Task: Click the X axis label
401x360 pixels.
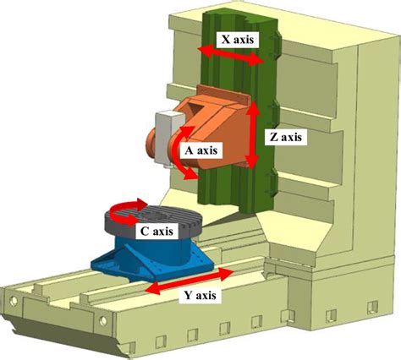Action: [x=237, y=40]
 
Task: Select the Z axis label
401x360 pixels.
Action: [x=286, y=137]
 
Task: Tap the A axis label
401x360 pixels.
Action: [x=201, y=150]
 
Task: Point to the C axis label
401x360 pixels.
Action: [x=157, y=232]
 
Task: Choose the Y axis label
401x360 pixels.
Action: [x=200, y=295]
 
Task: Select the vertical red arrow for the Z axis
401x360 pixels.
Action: [x=251, y=135]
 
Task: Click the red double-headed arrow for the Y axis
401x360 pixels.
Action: [x=189, y=281]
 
